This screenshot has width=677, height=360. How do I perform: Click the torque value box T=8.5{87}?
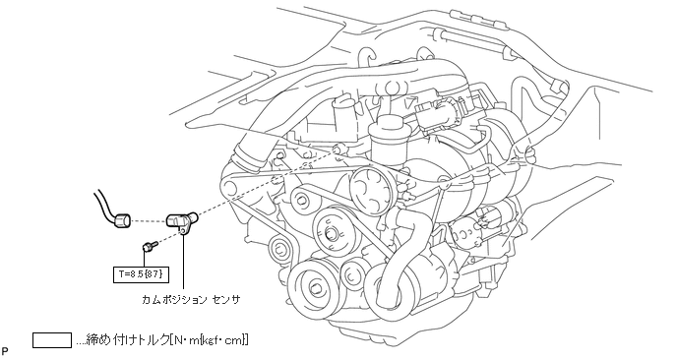[141, 273]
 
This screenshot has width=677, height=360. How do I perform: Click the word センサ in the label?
[225, 300]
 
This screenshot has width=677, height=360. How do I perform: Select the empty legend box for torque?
[52, 340]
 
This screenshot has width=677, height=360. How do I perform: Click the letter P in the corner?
[5, 351]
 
